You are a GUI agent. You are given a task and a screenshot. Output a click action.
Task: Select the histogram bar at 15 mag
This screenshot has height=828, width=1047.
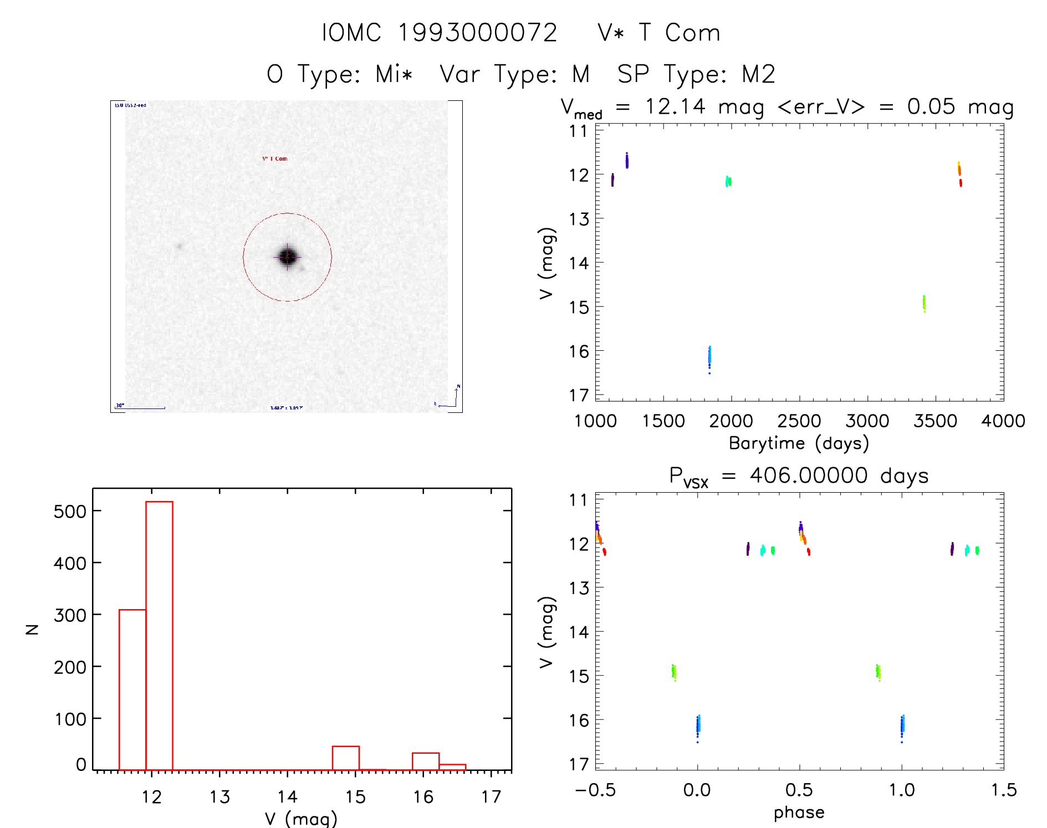click(345, 758)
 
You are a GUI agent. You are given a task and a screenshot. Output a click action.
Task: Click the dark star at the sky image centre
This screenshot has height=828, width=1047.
click(288, 257)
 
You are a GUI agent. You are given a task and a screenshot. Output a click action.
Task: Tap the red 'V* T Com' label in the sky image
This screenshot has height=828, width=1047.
click(275, 159)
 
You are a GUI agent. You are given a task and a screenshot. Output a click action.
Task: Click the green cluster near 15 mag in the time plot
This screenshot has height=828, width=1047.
click(924, 303)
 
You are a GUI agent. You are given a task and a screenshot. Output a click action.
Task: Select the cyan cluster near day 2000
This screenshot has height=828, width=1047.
click(728, 181)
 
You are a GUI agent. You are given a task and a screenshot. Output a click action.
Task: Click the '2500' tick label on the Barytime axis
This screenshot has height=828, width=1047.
click(799, 421)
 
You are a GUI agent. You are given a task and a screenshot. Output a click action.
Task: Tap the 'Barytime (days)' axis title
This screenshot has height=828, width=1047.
click(799, 443)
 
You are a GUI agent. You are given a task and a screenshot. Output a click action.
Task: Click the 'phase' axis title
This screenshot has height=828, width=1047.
click(799, 812)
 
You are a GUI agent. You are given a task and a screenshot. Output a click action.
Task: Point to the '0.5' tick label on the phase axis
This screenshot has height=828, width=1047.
click(799, 790)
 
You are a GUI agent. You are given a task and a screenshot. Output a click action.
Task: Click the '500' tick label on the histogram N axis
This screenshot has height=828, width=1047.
click(70, 512)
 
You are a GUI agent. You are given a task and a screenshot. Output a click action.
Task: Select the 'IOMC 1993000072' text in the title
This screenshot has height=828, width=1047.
click(439, 33)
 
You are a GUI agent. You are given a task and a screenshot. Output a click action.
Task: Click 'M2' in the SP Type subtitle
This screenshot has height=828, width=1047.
click(758, 74)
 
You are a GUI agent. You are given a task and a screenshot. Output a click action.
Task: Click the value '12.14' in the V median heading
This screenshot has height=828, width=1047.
click(675, 106)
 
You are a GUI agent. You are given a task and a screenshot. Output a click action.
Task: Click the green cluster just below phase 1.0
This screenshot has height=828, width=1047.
click(878, 672)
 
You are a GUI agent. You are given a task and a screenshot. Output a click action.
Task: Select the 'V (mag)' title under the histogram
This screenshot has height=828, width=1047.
click(300, 819)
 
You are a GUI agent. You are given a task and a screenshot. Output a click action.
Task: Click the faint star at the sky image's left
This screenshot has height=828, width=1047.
click(179, 246)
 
